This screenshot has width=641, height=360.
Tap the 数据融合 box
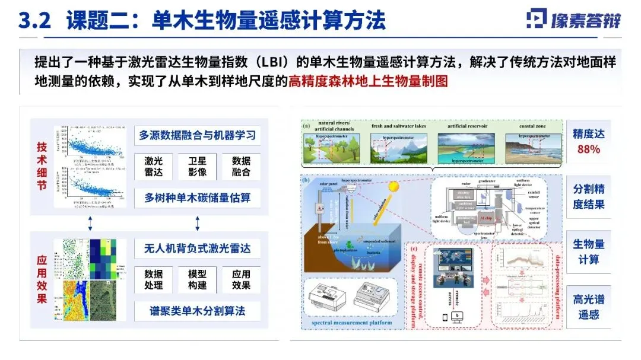[241, 167]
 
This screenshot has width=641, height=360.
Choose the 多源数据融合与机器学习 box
[197, 135]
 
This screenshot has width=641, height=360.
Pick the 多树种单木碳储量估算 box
[197, 197]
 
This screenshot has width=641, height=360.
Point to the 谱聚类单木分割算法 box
[197, 310]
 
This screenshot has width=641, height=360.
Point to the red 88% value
[588, 149]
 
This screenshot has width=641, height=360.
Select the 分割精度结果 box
[588, 196]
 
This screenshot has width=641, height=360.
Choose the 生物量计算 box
[588, 251]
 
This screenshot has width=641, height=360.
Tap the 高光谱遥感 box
[588, 307]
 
